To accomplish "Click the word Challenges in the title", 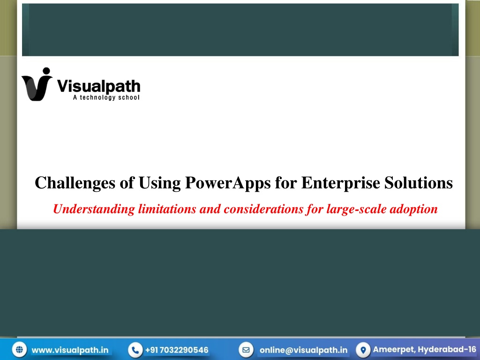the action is pyautogui.click(x=75, y=183).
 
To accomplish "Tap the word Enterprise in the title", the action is pyautogui.click(x=340, y=183).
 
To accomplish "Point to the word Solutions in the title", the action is pyautogui.click(x=419, y=183).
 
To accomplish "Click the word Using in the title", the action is pyautogui.click(x=159, y=183).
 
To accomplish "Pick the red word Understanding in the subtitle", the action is pyautogui.click(x=94, y=210).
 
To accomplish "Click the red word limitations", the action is pyautogui.click(x=167, y=209).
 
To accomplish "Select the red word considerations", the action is pyautogui.click(x=263, y=209).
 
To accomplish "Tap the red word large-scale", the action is pyautogui.click(x=356, y=210).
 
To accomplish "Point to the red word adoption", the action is pyautogui.click(x=413, y=210).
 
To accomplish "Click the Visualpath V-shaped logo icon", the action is pyautogui.click(x=37, y=84).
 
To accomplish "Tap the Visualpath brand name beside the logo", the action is pyautogui.click(x=98, y=86).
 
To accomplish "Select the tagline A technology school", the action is pyautogui.click(x=106, y=97).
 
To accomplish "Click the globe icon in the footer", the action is pyautogui.click(x=19, y=350).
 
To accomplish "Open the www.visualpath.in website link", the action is pyautogui.click(x=70, y=350).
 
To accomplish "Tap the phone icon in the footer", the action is pyautogui.click(x=135, y=350).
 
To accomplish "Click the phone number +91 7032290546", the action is pyautogui.click(x=177, y=350).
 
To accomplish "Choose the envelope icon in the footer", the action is pyautogui.click(x=246, y=350).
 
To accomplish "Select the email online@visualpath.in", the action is pyautogui.click(x=303, y=350).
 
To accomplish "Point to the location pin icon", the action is pyautogui.click(x=363, y=350).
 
